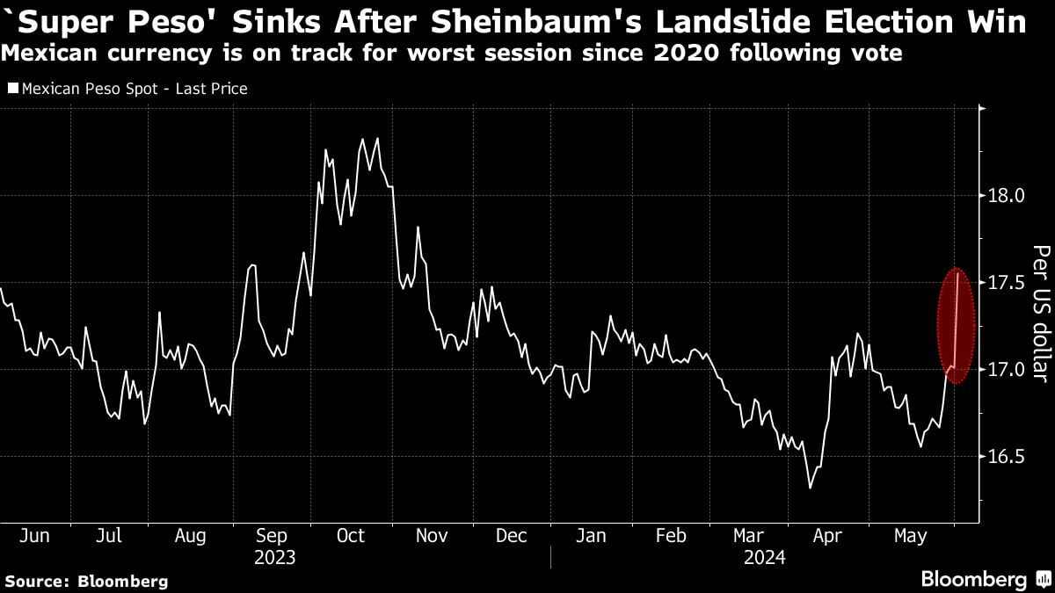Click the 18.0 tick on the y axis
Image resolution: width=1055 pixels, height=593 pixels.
click(x=1008, y=195)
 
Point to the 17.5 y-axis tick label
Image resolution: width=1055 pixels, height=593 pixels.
click(x=1008, y=283)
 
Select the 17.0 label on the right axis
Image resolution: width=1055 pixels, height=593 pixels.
click(x=1008, y=370)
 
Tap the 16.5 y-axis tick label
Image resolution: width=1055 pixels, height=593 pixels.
click(x=1008, y=457)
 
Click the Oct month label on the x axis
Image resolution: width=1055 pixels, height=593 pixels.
click(x=351, y=536)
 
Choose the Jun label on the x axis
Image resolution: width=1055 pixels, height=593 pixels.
click(x=34, y=536)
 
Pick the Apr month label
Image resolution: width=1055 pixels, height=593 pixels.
click(x=828, y=536)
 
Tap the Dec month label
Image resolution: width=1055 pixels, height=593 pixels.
click(x=511, y=536)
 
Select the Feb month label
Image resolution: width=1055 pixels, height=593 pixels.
click(x=672, y=536)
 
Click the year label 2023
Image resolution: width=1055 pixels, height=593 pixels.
click(x=275, y=558)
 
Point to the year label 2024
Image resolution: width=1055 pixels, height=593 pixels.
click(x=763, y=558)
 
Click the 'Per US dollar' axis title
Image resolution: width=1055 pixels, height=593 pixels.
click(x=1039, y=314)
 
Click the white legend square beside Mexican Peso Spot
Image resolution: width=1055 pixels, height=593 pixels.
click(x=13, y=89)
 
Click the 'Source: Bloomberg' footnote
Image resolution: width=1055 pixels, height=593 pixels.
click(x=86, y=581)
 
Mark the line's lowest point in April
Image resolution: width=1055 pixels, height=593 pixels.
click(x=810, y=488)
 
